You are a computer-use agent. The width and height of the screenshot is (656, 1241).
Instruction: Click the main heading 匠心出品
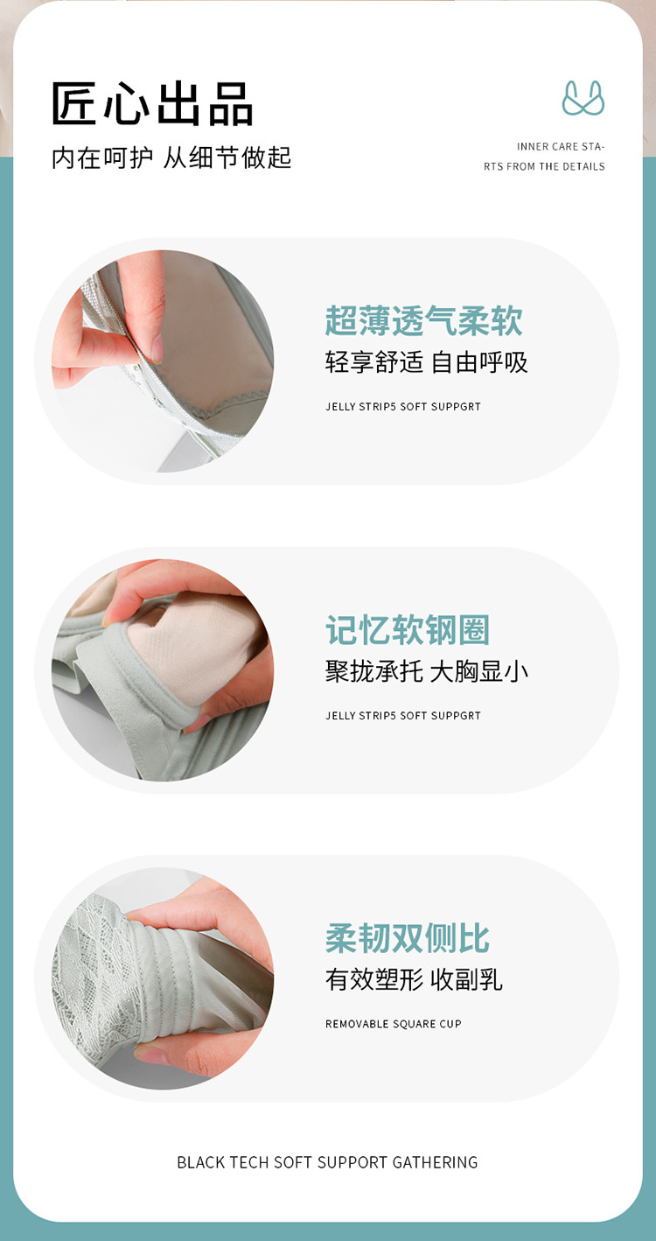[152, 103]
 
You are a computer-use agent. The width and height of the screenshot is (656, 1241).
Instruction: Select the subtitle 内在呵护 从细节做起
[171, 158]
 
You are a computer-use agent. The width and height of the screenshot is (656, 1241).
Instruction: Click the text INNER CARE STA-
[561, 147]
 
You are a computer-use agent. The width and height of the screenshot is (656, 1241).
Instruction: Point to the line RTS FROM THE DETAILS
[544, 167]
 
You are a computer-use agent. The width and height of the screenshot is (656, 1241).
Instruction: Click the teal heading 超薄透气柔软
[423, 320]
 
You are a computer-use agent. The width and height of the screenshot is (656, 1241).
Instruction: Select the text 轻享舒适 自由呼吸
[426, 362]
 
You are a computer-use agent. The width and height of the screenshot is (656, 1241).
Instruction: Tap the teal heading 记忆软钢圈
[408, 630]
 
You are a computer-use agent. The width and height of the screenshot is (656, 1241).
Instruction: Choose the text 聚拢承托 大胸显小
[426, 671]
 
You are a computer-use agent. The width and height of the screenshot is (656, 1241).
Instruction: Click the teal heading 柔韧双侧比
[408, 938]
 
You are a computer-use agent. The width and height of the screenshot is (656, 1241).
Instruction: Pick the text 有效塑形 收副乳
[414, 979]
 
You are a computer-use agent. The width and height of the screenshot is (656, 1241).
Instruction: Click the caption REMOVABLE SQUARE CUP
[394, 1024]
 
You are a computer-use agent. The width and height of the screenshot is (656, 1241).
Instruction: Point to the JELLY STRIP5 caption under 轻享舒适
[403, 407]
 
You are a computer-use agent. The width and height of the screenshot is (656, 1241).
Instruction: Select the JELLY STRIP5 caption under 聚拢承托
[403, 716]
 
